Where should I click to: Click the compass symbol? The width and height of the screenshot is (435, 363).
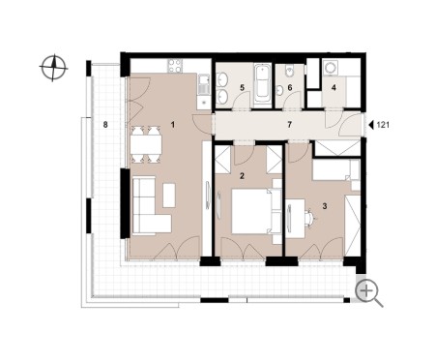point(53,68)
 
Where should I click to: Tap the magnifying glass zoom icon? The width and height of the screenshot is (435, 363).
point(368,293)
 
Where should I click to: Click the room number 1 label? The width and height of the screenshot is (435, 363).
point(173,124)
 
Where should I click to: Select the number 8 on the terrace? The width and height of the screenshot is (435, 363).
point(105,125)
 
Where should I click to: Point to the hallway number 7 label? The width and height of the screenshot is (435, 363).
point(289,124)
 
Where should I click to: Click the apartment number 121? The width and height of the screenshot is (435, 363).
point(383,125)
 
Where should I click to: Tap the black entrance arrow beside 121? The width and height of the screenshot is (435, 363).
point(371,125)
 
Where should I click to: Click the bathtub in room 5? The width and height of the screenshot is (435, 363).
point(262,83)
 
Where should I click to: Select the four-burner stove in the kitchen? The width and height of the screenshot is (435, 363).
point(175,66)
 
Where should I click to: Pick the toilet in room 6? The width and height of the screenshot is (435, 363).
point(289,71)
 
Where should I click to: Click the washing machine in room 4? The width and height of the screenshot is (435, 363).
point(331,68)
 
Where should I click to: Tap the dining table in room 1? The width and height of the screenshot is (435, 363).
point(146,144)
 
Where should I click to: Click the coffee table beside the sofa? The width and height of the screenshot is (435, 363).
point(169,196)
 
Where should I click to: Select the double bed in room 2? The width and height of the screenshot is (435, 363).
point(256,211)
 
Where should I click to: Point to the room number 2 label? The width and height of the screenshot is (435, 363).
point(242,176)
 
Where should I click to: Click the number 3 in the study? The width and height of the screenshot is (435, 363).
point(325,206)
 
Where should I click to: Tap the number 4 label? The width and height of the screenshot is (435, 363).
point(333,87)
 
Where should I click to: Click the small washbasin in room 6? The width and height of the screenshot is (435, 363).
point(280,90)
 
